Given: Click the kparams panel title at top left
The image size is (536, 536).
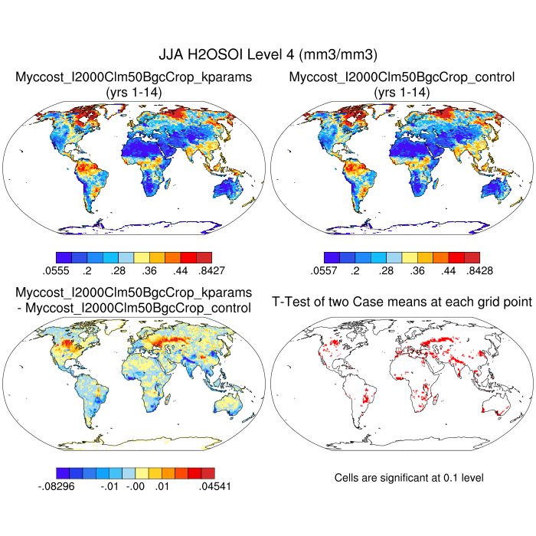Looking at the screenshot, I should click(x=134, y=77).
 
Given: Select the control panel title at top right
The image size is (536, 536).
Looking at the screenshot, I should click(x=401, y=77).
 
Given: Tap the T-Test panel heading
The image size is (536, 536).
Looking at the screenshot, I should click(x=402, y=302).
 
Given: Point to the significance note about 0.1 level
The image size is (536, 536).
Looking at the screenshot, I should click(x=409, y=478).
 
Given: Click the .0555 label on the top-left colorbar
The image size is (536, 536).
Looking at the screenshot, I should click(x=56, y=270).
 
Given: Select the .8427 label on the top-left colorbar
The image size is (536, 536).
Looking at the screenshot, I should click(x=208, y=270).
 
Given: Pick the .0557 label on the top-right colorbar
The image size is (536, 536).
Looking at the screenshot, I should click(x=324, y=270).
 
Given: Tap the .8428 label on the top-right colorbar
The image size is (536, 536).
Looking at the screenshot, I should click(x=476, y=270).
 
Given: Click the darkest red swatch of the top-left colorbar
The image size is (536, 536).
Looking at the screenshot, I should click(x=203, y=258).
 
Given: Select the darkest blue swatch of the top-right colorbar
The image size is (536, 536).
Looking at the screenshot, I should click(x=332, y=258).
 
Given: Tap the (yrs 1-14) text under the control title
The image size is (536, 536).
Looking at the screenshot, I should click(x=401, y=92).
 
